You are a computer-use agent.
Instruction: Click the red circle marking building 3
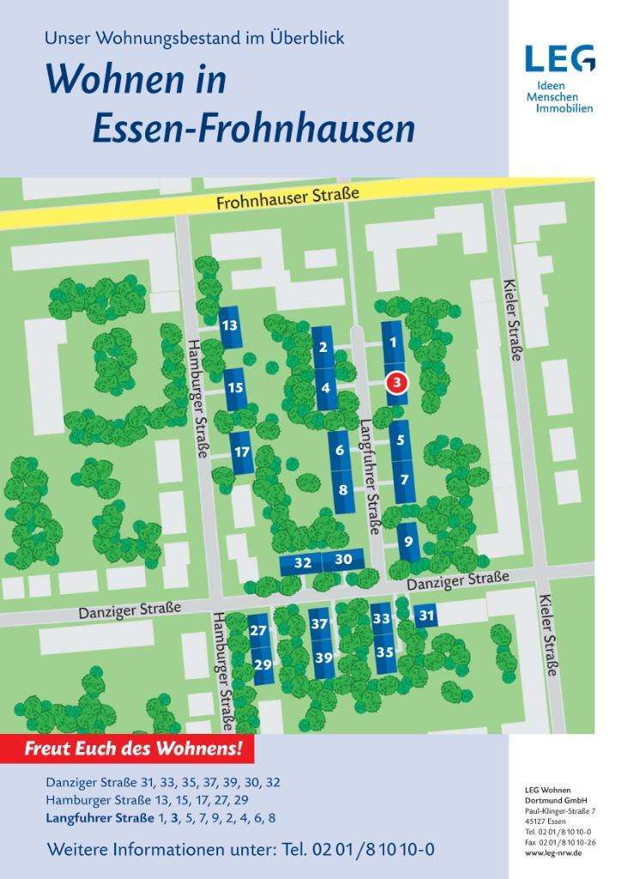pos(396,383)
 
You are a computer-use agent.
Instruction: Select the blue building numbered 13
pos(229,325)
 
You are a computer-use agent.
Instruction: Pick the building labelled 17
pos(242,452)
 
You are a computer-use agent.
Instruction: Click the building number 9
pos(408,542)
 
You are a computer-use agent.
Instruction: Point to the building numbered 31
pos(427,615)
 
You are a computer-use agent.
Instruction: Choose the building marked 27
pos(258,630)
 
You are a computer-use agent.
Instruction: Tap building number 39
pos(323,658)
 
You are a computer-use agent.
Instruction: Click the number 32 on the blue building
pos(302,563)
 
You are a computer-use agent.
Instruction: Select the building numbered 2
pos(323,348)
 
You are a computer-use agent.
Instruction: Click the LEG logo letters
pos(559,59)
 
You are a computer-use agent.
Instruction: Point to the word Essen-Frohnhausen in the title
pos(253,129)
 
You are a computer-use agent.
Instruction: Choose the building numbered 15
pos(235,388)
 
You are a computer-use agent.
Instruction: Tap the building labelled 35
pos(385,652)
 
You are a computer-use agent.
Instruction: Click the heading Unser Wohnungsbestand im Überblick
pos(194,39)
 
